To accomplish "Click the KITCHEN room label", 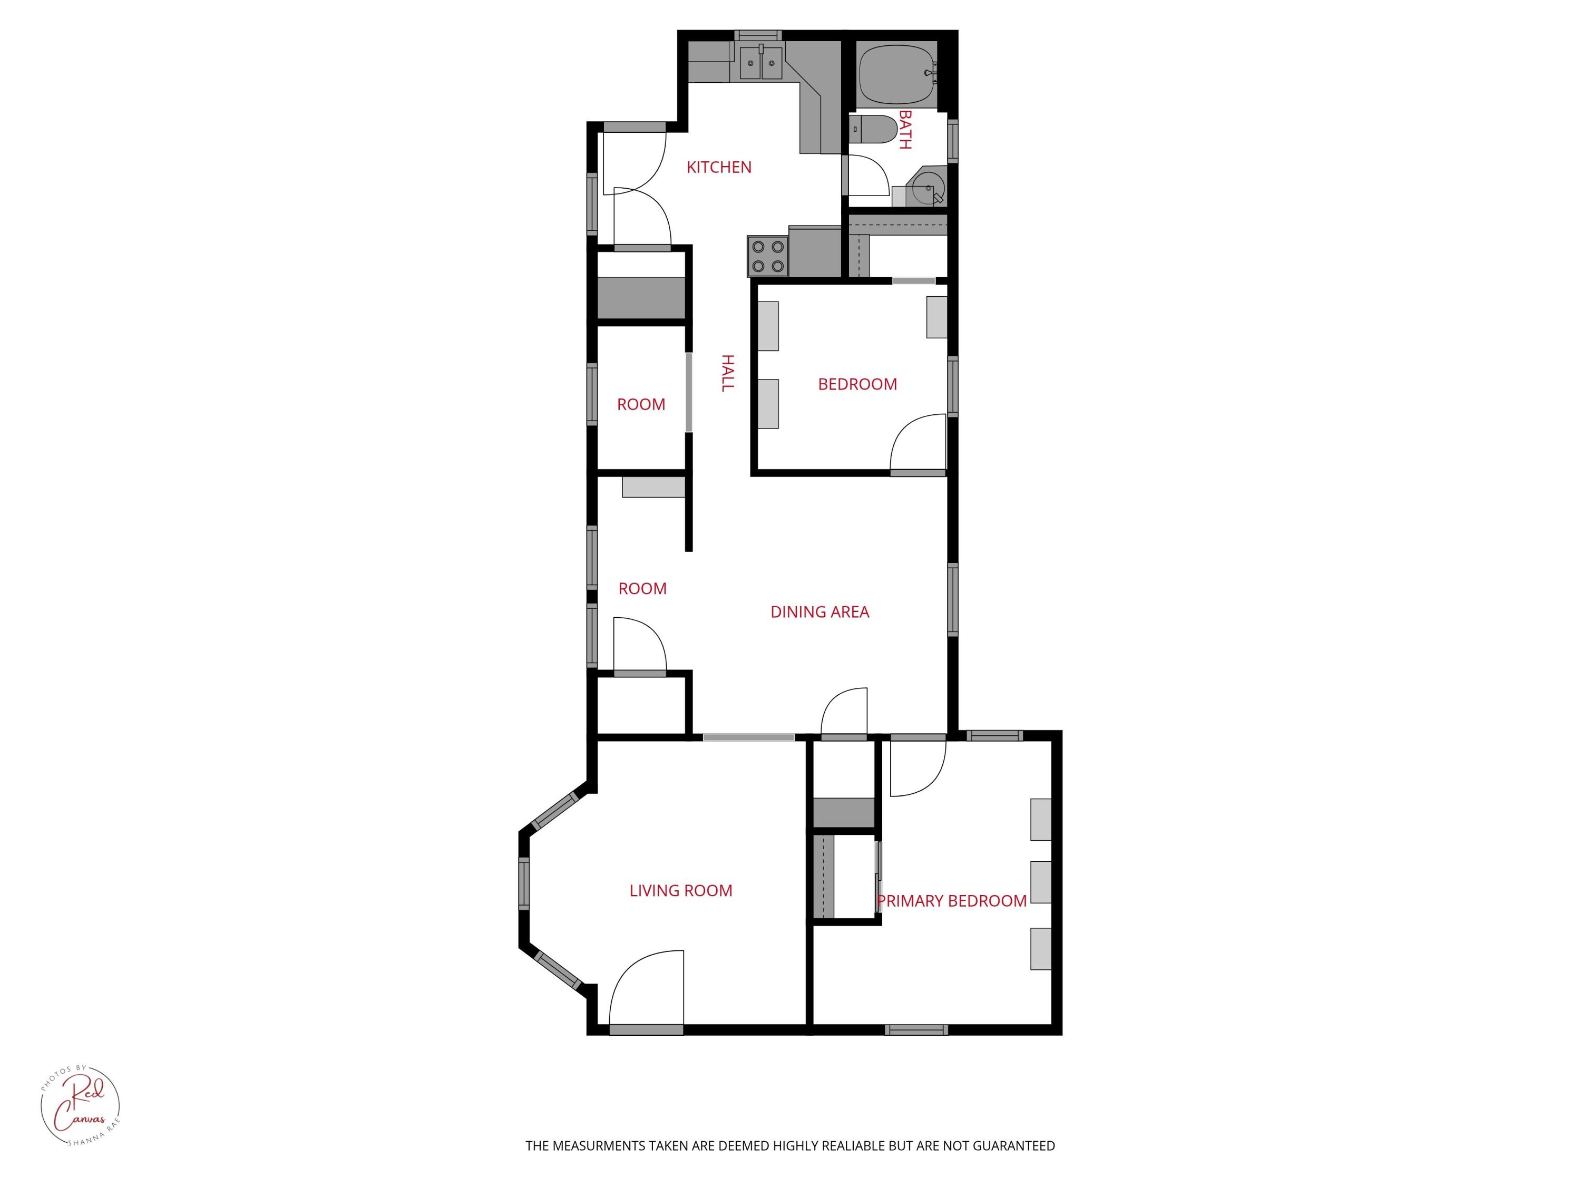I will point(719,167).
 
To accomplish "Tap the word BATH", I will point(905,129).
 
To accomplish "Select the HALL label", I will point(727,373).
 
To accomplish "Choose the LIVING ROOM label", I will point(680,891).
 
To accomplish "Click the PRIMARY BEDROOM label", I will point(951,901).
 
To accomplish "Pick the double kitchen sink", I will point(759,63).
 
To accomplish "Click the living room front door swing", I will point(647,990).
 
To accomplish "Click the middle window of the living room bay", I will point(524,883).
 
